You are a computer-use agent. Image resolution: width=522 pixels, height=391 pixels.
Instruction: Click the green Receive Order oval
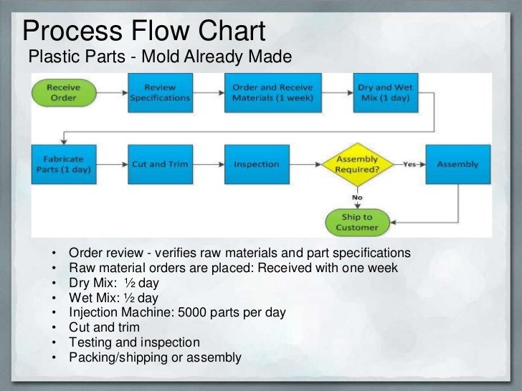click(63, 93)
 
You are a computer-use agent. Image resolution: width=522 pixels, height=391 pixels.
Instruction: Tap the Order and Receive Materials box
click(272, 93)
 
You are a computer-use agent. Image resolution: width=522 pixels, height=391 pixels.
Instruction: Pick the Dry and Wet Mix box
click(385, 93)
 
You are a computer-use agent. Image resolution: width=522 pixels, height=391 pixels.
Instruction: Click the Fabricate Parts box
click(63, 165)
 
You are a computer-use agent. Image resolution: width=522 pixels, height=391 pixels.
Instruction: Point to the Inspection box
click(256, 165)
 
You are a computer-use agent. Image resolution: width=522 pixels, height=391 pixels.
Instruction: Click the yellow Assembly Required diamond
click(356, 165)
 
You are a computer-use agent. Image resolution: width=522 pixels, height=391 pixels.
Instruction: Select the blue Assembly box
click(457, 165)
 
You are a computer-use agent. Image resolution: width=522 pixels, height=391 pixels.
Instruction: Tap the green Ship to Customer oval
click(356, 222)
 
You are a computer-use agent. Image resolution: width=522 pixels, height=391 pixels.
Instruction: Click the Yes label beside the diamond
click(409, 164)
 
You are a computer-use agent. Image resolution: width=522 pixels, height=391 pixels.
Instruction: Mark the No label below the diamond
click(356, 196)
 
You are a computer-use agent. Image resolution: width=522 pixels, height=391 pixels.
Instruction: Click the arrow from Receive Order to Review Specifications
click(111, 93)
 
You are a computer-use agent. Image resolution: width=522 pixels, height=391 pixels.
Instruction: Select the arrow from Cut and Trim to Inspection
click(208, 165)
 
